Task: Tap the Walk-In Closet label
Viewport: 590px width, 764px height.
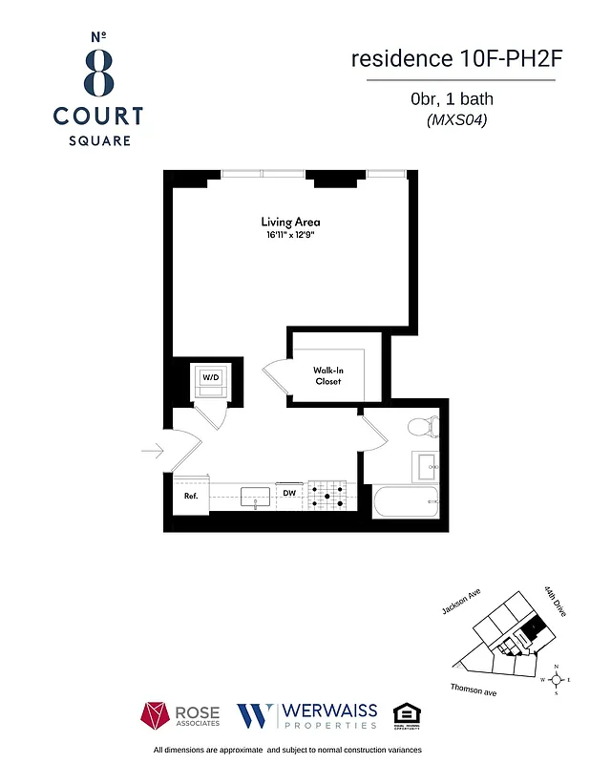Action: [x=327, y=375]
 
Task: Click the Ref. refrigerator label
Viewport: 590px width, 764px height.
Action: [x=190, y=496]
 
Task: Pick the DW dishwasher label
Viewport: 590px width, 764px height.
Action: [x=288, y=494]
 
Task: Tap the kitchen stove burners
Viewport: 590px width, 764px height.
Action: [x=327, y=495]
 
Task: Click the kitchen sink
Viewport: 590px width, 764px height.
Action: [x=256, y=496]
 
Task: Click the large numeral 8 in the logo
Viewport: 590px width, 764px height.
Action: [x=98, y=70]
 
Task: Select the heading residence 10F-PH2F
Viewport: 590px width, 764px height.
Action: [x=453, y=58]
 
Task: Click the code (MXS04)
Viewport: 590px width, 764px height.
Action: [x=452, y=121]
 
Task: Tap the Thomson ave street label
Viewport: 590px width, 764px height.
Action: [x=474, y=690]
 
